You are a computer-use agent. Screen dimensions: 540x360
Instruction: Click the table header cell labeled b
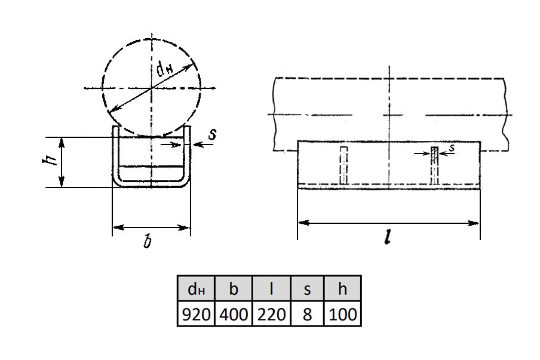tap(234, 288)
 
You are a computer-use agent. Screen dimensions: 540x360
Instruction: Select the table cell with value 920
tap(196, 313)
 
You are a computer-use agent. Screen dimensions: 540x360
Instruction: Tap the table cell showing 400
tap(234, 313)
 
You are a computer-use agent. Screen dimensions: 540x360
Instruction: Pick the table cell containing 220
tap(271, 313)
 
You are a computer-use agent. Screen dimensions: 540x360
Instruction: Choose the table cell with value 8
tap(307, 313)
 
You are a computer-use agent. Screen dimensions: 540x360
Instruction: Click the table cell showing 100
tap(342, 313)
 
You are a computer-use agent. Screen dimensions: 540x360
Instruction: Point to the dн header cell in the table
tap(196, 288)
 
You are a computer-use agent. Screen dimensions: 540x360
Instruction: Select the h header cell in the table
tap(342, 288)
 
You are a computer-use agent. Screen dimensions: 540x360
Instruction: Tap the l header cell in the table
tap(271, 288)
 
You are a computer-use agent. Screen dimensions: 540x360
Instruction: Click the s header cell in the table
tap(307, 288)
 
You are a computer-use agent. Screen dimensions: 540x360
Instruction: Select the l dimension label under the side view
tap(388, 237)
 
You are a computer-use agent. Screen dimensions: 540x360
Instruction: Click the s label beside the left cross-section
tap(212, 134)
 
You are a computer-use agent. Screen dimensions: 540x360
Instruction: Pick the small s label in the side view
tap(452, 148)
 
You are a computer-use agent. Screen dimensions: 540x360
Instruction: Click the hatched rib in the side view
tap(435, 165)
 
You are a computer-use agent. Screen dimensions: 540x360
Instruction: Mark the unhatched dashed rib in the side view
tap(343, 165)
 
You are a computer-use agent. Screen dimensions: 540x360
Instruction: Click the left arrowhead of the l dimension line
tap(303, 223)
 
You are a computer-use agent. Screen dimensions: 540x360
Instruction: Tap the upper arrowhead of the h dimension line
tap(62, 143)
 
